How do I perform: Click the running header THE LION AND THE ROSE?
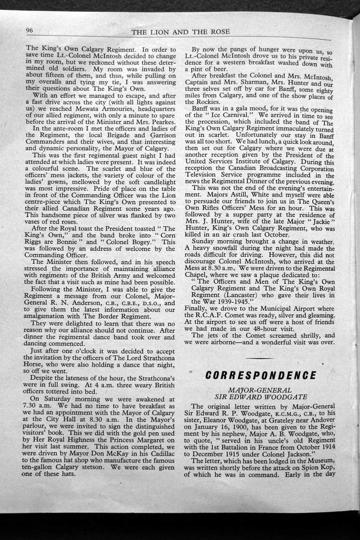(180, 32)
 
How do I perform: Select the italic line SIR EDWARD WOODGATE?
(260, 397)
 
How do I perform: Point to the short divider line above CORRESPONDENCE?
(260, 358)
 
